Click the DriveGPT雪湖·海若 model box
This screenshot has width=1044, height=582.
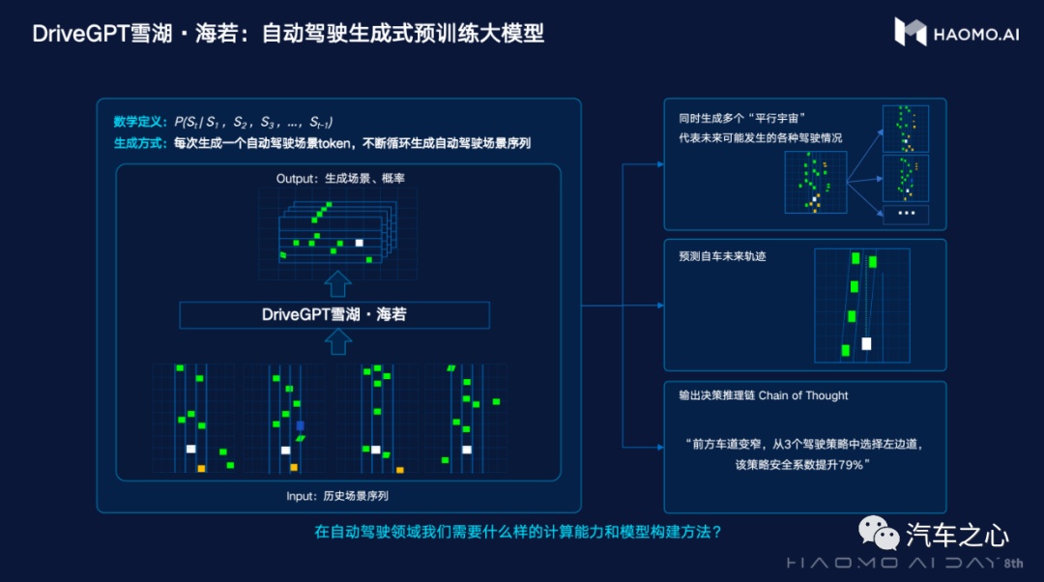(334, 315)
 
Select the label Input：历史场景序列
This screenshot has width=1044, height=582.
(337, 496)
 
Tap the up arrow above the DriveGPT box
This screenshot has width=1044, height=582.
(337, 283)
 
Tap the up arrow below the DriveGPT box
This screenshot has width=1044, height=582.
(337, 342)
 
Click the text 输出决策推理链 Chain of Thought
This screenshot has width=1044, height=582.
(764, 395)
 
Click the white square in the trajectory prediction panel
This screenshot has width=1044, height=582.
(866, 343)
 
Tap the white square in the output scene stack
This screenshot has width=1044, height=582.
(360, 243)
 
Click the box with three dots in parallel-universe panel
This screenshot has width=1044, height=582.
(906, 214)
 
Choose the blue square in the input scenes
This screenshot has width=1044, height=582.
(300, 425)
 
